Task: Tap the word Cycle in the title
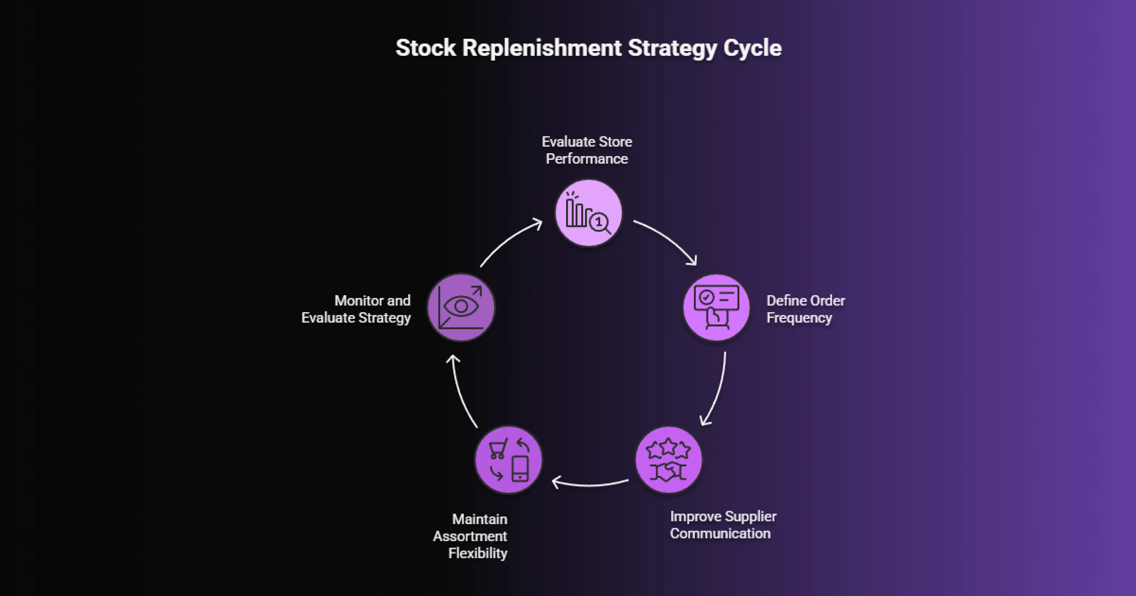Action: pos(752,48)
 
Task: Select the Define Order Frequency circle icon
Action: pos(716,307)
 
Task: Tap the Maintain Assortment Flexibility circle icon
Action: pos(508,460)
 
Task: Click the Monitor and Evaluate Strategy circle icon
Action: pos(461,307)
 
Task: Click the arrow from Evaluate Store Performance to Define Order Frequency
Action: pos(668,240)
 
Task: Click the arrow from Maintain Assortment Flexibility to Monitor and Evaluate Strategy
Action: pos(461,392)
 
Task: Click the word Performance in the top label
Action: pos(587,159)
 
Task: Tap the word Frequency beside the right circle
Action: pos(799,318)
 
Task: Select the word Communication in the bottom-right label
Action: pos(720,533)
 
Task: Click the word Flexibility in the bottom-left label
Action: pos(478,553)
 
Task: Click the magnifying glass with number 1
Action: pos(599,223)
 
